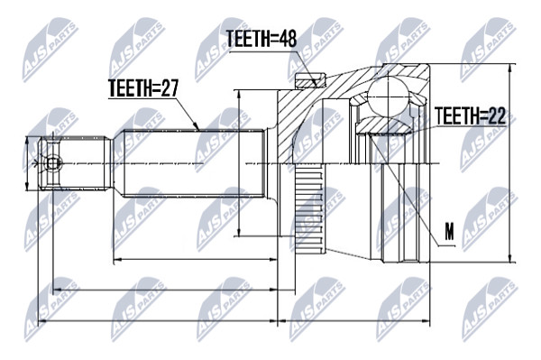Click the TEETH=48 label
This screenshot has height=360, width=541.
[x=261, y=39]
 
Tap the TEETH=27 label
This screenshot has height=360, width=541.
[x=143, y=88]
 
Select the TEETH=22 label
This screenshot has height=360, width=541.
[x=470, y=115]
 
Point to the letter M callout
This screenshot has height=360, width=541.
[x=449, y=232]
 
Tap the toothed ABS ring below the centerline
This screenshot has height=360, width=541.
[x=309, y=209]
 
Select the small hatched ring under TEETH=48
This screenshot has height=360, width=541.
[x=310, y=80]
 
